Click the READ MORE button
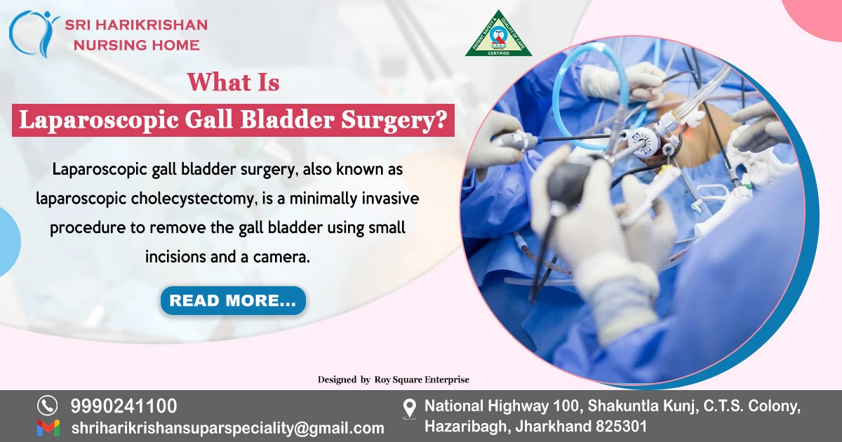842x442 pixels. pos(233,301)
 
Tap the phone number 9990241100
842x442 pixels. pos(123,406)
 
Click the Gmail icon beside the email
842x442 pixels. pos(48,428)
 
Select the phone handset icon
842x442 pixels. pos(47,406)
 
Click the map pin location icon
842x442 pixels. pos(410,408)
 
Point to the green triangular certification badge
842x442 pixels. pos(498,35)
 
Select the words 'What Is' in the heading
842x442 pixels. pos(233,83)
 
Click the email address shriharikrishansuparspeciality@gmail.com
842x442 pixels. pos(227,428)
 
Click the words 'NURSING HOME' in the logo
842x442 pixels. pos(132,45)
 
